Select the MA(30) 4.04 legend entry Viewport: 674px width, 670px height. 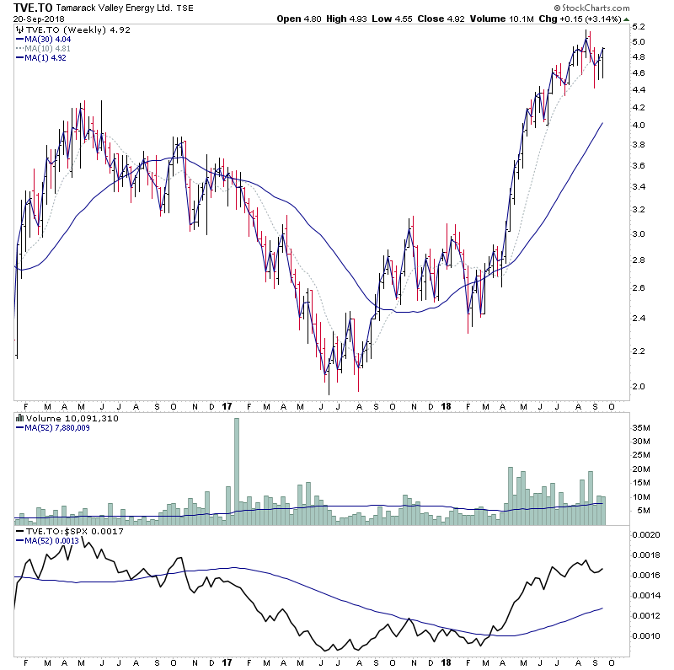(x=49, y=38)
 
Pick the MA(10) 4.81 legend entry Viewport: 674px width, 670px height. (x=49, y=48)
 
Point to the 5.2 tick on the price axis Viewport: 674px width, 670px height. (x=640, y=26)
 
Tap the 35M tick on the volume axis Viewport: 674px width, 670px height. (x=642, y=427)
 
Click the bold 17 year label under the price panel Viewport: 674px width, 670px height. (x=227, y=406)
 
